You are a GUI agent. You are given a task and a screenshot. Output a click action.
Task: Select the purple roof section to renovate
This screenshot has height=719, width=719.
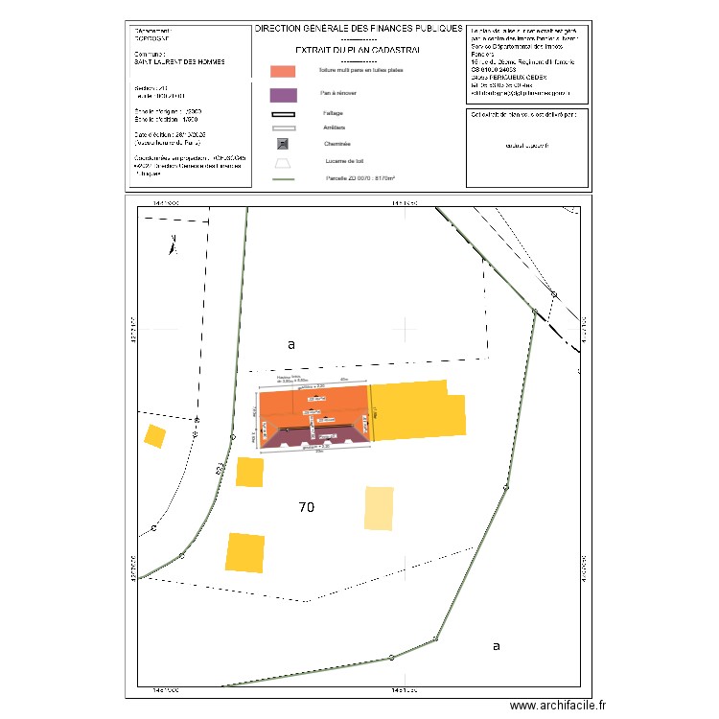click(x=312, y=439)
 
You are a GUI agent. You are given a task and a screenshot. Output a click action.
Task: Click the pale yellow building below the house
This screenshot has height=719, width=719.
click(x=379, y=507)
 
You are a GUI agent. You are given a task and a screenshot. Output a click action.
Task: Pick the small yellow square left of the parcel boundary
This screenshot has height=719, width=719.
click(x=154, y=436)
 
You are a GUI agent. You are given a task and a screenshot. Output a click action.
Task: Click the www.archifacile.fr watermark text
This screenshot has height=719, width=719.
click(x=559, y=705)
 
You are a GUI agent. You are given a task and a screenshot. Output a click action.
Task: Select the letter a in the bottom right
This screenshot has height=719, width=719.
click(x=496, y=646)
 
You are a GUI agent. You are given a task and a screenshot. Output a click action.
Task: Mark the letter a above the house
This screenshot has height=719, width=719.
click(x=291, y=343)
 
